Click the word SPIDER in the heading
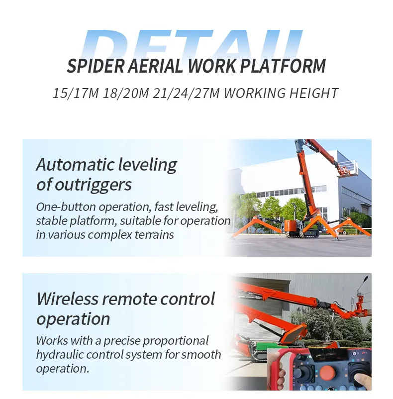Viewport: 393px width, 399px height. click(92, 66)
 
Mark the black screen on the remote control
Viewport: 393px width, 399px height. click(323, 354)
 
